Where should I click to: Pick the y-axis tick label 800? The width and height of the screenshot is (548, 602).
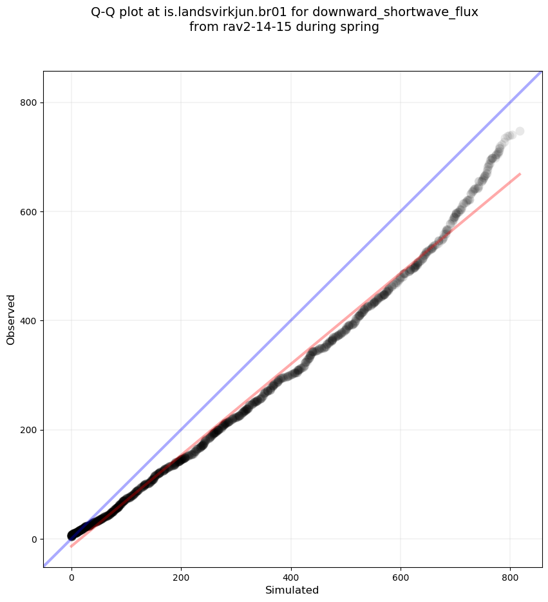[x=28, y=102]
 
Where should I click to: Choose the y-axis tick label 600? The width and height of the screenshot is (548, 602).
[x=28, y=211]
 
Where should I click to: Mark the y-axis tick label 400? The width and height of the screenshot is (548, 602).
[x=28, y=321]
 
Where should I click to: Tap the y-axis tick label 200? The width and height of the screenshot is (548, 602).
[x=28, y=430]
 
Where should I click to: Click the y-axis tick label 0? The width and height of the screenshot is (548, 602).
[x=33, y=539]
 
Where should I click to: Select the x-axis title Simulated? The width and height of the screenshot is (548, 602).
[x=292, y=590]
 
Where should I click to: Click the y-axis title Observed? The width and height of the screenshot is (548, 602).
[x=11, y=319]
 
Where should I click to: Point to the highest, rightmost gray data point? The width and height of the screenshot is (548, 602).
[x=520, y=131]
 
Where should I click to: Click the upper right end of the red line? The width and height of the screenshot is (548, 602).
[x=520, y=174]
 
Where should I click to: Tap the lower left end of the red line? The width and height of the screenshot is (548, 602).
[x=71, y=547]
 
